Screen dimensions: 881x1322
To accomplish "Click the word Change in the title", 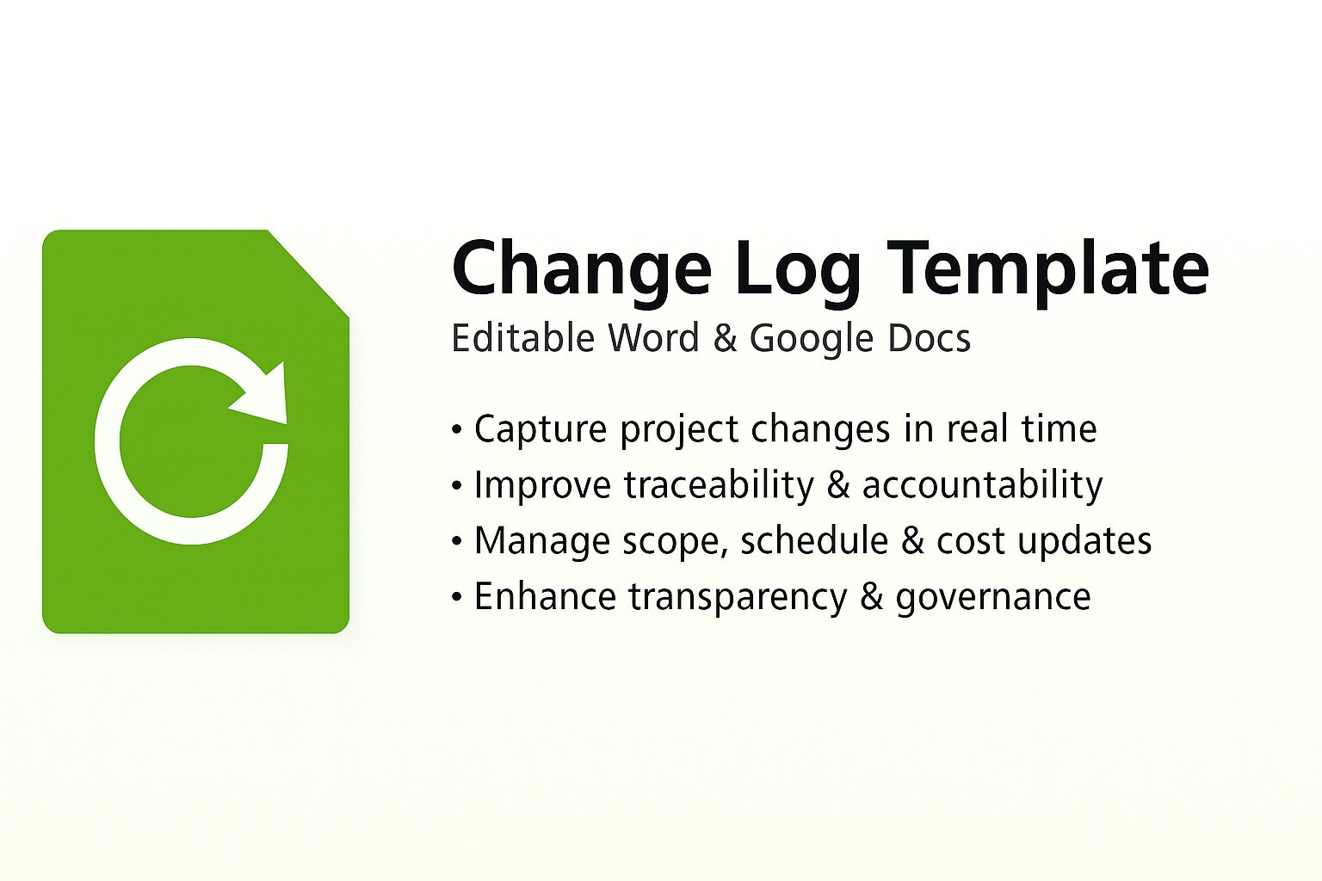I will click(581, 268).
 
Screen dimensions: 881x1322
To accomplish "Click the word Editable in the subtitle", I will click(523, 338).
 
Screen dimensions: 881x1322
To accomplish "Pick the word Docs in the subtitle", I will click(929, 338).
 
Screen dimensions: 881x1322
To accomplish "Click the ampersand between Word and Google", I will click(726, 339).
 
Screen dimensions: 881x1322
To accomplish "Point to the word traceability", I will click(719, 485).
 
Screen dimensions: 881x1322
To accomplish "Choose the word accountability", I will click(982, 485).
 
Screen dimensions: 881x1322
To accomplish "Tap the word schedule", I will click(814, 541).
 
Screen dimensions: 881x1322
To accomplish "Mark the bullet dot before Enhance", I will click(457, 597).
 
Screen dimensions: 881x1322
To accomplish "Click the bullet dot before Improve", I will click(457, 485).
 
